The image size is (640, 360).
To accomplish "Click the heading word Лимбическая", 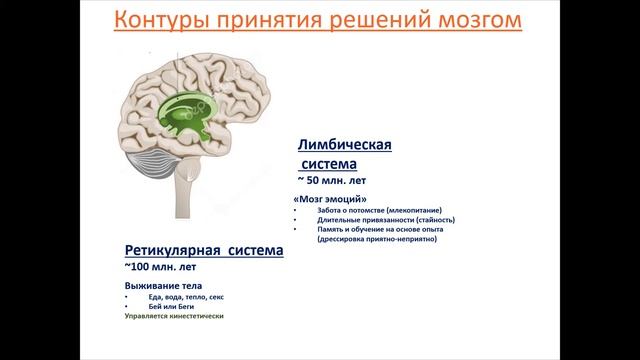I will pyautogui.click(x=344, y=145).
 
